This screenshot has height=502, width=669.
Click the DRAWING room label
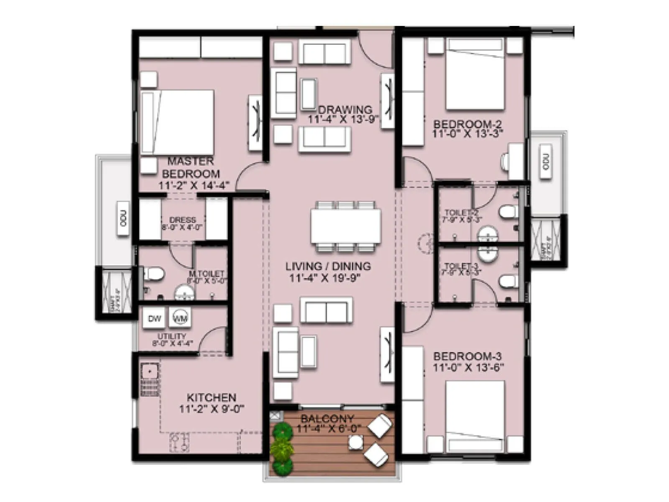pyautogui.click(x=345, y=110)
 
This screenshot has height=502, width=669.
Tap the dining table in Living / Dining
pyautogui.click(x=345, y=226)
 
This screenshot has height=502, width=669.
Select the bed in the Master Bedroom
pyautogui.click(x=177, y=122)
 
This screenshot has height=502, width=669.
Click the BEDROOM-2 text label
pyautogui.click(x=467, y=124)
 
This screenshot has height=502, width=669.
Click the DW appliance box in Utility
pyautogui.click(x=154, y=318)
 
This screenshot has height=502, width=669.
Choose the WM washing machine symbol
pyautogui.click(x=180, y=318)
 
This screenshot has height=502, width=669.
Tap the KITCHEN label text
pyautogui.click(x=211, y=397)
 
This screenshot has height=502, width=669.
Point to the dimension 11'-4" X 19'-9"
pyautogui.click(x=324, y=278)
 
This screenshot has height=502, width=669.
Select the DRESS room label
pyautogui.click(x=182, y=220)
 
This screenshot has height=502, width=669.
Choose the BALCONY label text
pyautogui.click(x=327, y=418)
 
